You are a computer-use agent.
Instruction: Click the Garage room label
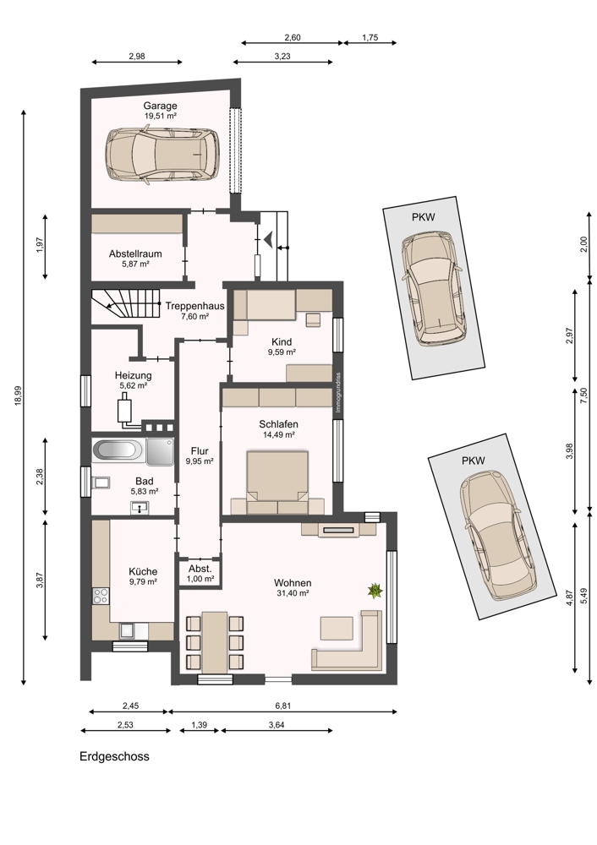[160, 106]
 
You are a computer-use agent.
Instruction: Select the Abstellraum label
[134, 253]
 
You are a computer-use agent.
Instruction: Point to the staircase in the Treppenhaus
[126, 304]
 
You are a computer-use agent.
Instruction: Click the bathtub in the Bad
[118, 450]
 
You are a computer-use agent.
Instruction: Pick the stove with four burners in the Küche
[101, 595]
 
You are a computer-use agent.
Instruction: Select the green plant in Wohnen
[375, 591]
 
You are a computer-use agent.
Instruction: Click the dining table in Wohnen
[214, 641]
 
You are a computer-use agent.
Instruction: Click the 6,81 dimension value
[282, 706]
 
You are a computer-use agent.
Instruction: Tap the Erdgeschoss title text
[114, 756]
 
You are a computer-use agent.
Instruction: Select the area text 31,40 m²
[292, 593]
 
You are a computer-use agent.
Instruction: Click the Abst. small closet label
[200, 569]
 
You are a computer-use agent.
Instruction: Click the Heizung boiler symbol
[126, 409]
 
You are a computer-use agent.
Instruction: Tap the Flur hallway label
[200, 451]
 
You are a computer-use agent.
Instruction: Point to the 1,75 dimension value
[370, 38]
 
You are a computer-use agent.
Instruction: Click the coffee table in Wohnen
[337, 629]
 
